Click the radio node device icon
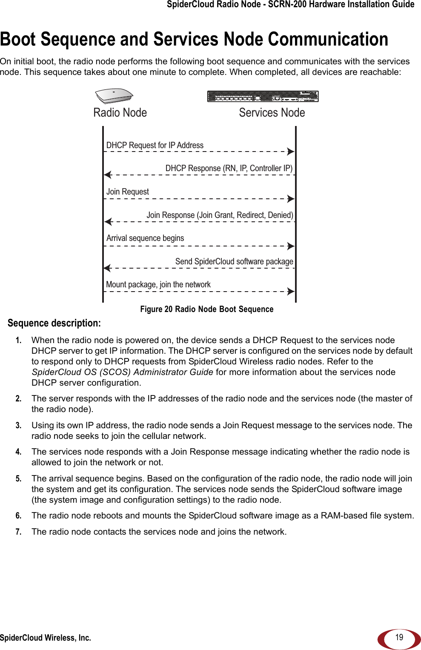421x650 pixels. point(114,96)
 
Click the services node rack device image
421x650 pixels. point(263,97)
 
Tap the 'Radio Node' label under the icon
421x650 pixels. point(120,113)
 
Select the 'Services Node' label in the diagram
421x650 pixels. point(272,113)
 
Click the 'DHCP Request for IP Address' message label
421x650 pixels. point(155,146)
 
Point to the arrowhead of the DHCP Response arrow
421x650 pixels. point(108,175)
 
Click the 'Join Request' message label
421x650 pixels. point(128,192)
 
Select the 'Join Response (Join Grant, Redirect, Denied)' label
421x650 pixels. point(220,215)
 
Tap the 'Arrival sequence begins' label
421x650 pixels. point(145,238)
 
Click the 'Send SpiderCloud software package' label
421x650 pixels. point(234,262)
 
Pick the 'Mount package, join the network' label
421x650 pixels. point(158,285)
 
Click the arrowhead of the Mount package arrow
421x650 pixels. point(291,292)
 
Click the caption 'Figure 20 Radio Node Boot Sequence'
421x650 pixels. point(207,309)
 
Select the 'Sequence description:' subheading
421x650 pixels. point(54,324)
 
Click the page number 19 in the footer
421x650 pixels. point(399,637)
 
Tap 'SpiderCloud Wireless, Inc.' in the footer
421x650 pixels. point(46,638)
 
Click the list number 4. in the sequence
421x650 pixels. point(18,452)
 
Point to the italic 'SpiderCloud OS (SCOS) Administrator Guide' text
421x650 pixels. point(123,372)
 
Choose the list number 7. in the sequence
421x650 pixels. point(18,532)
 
